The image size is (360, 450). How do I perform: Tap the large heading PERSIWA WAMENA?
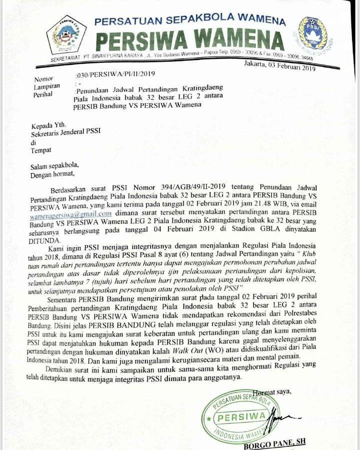pos(190,40)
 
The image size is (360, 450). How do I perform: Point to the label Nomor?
pos(43,79)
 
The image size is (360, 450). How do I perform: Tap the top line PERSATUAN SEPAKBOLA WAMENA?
pos(190,21)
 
